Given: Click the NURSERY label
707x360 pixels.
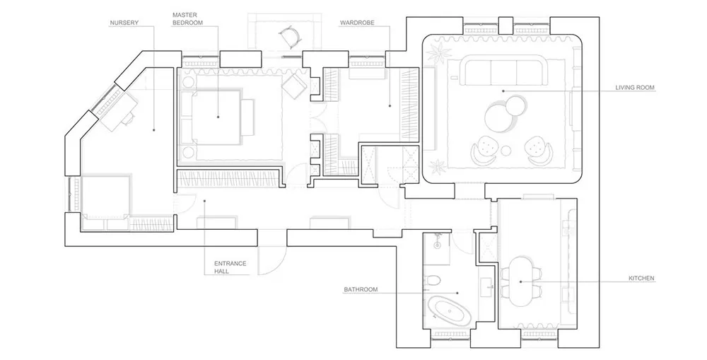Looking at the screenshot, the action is click(x=124, y=23).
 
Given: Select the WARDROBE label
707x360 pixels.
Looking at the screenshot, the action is click(x=357, y=23).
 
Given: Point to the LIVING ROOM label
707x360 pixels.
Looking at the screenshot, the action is click(x=635, y=88).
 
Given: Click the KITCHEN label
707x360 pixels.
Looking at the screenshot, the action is click(x=641, y=279).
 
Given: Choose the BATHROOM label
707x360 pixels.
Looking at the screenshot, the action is click(x=361, y=289).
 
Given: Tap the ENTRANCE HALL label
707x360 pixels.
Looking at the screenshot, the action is click(x=230, y=267).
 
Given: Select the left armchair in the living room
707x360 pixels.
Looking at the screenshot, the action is click(x=484, y=150).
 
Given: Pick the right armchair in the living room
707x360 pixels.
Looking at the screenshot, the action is click(x=537, y=150).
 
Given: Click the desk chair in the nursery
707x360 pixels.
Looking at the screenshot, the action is click(x=129, y=119).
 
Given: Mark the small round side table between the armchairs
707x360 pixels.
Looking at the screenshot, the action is click(x=507, y=150).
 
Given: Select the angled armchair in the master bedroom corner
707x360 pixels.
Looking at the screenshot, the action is click(x=293, y=86).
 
